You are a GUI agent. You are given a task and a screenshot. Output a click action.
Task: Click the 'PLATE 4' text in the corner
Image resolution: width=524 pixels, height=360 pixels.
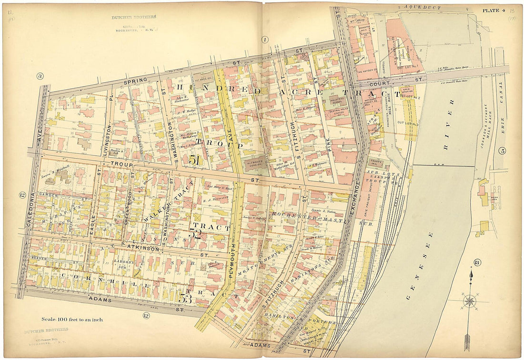494,10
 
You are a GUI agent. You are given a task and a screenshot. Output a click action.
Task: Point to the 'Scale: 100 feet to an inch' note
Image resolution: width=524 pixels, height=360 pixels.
71,320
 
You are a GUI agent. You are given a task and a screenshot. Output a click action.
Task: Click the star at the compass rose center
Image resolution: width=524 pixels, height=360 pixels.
470,301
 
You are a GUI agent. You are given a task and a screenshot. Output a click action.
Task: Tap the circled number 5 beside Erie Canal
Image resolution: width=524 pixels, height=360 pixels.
503,151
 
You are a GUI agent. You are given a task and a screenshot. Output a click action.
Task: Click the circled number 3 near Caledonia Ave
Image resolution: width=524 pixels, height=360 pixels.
40,76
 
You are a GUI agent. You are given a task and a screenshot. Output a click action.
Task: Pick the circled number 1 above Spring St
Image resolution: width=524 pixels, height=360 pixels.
265,40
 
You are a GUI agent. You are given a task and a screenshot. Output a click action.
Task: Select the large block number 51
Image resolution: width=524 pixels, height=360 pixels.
194,160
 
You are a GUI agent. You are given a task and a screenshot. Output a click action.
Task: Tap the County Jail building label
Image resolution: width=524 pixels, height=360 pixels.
372,163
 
